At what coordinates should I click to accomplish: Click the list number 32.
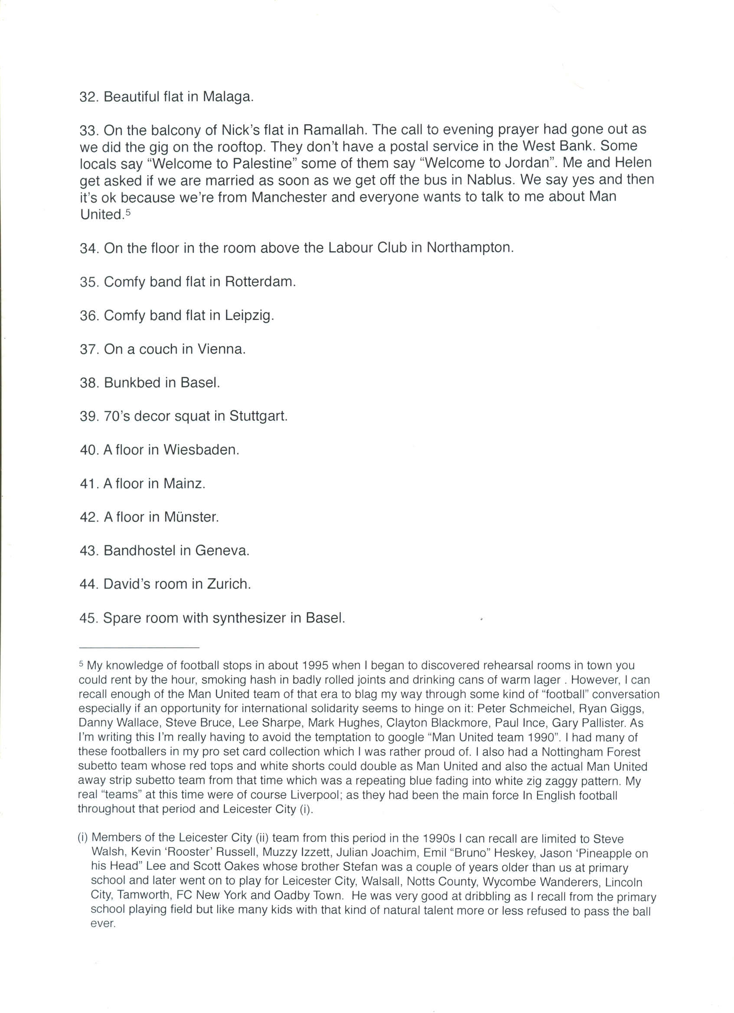[88, 97]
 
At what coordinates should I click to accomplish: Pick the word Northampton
[470, 247]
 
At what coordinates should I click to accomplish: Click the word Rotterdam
[260, 282]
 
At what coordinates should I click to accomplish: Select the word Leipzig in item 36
[248, 316]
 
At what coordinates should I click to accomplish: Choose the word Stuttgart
[258, 416]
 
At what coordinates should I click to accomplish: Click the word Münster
[191, 517]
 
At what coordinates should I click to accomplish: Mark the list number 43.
[88, 550]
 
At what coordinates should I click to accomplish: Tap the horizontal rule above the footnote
[139, 647]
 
